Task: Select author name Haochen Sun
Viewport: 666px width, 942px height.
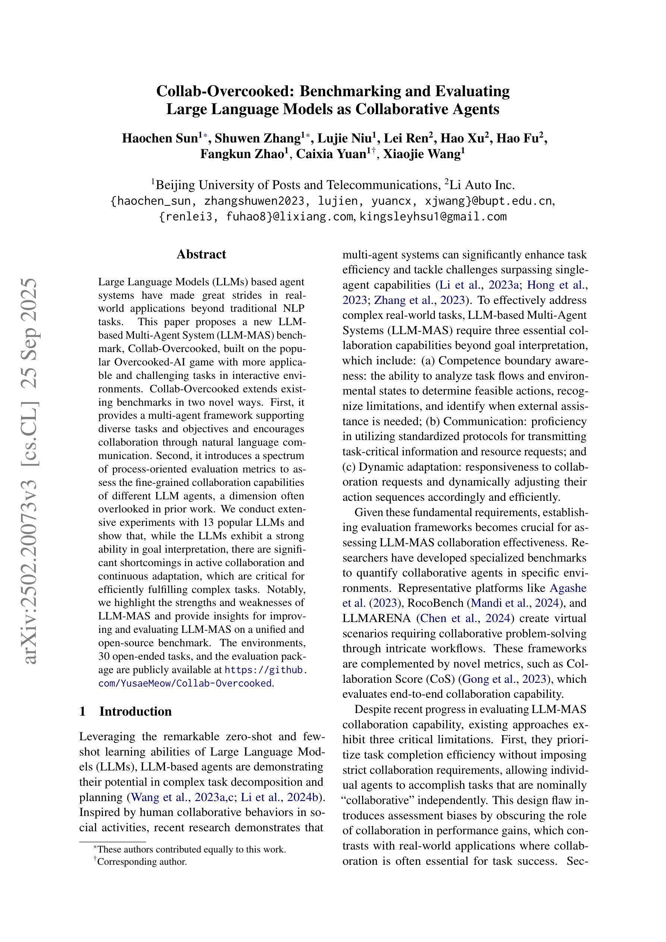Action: tap(160, 138)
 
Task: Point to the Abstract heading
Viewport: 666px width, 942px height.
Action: tap(201, 254)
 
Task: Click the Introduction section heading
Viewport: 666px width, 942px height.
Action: tap(135, 711)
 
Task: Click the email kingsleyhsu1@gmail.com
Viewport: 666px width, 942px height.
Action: tap(433, 217)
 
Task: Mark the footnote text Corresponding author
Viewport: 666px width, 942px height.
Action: tap(142, 861)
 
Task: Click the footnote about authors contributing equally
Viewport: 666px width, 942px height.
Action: tap(192, 849)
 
